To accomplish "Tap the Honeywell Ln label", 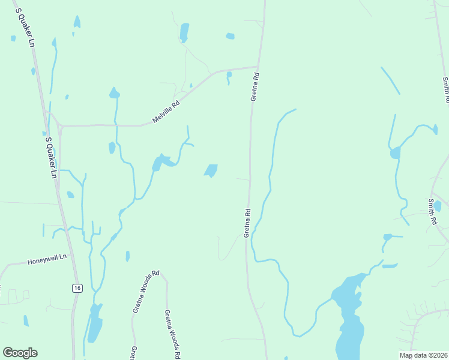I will [48, 259].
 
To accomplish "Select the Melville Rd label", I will [166, 112].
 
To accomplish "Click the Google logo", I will [20, 353].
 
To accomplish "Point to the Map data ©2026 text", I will [423, 355].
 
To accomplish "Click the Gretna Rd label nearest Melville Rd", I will [255, 87].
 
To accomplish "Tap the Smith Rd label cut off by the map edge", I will [446, 88].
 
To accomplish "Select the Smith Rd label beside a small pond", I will [432, 212].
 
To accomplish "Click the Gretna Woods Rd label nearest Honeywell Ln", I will [145, 292].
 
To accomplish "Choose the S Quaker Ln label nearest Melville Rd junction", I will [52, 158].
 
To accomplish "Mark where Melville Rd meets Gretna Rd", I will [258, 67].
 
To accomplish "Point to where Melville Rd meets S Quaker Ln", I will [60, 127].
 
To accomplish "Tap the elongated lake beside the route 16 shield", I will [94, 324].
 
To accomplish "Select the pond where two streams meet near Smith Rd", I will [395, 153].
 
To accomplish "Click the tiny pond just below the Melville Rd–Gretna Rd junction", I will [229, 75].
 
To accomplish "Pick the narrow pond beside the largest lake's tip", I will [390, 265].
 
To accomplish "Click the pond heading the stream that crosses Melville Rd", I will [114, 94].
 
